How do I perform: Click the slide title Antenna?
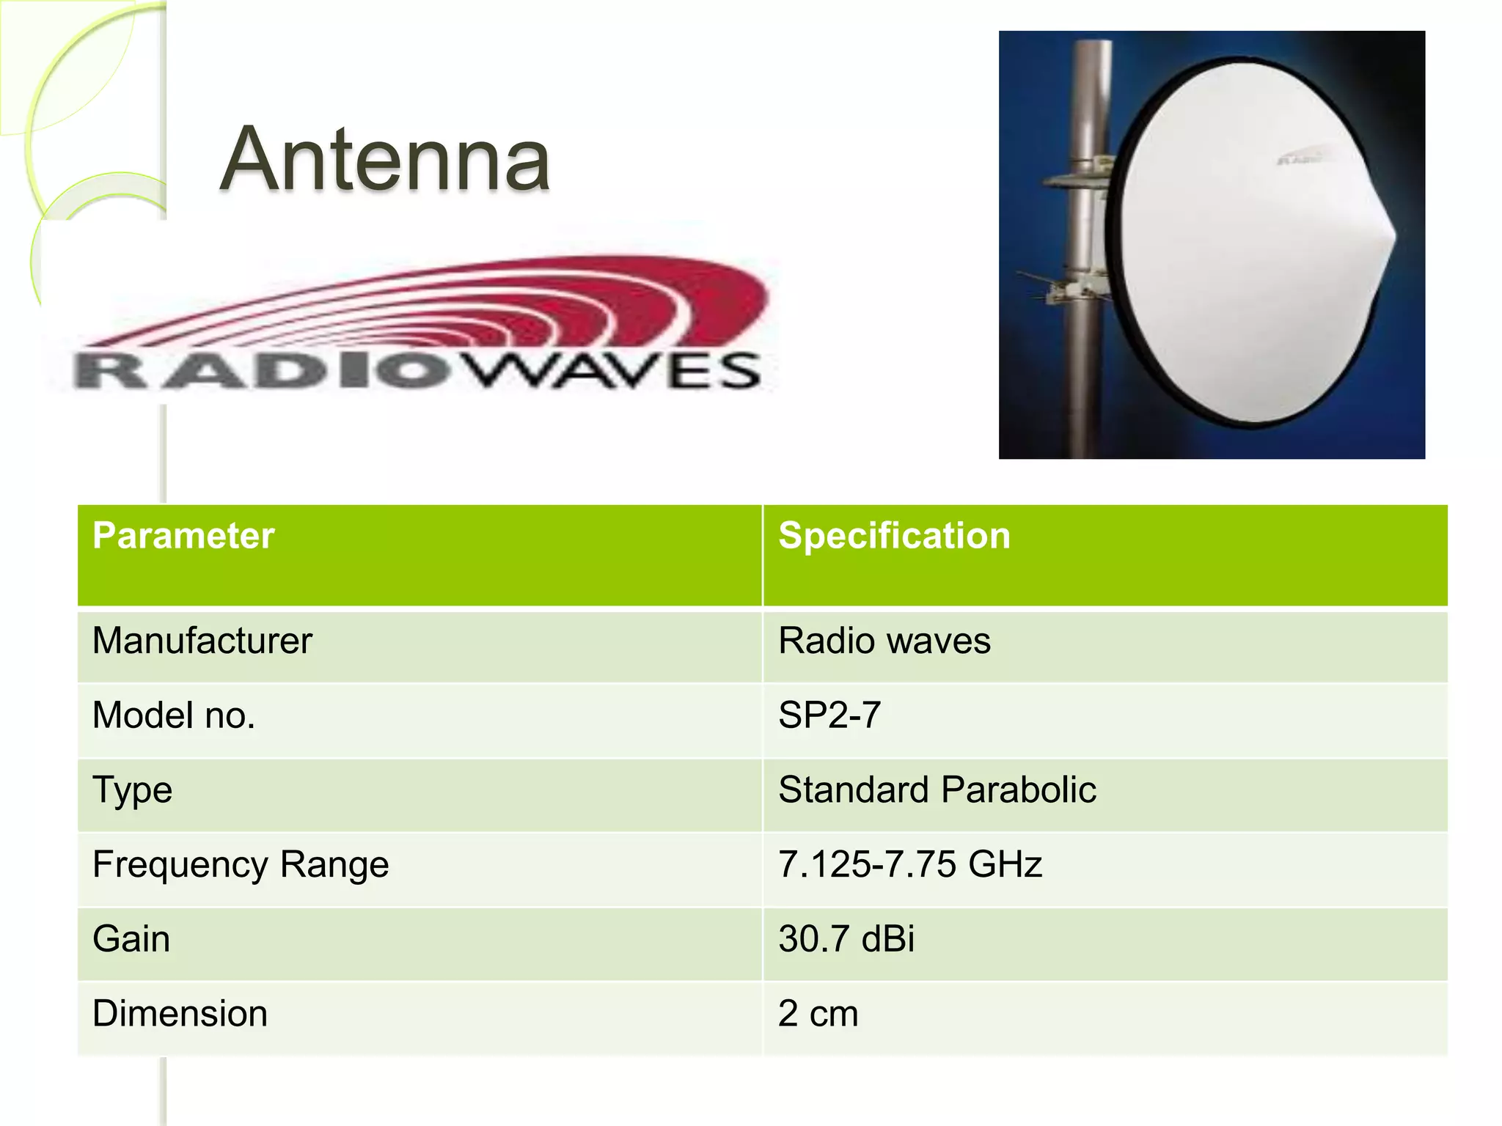tap(385, 160)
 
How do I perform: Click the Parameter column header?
tap(183, 536)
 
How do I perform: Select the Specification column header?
tap(894, 536)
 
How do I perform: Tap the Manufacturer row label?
tap(202, 641)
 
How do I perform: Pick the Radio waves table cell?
tap(884, 641)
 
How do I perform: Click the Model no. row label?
tap(174, 715)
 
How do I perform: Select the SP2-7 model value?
tap(829, 715)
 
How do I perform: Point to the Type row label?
tap(133, 790)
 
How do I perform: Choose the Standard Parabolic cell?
tap(937, 790)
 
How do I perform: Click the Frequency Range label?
tap(241, 864)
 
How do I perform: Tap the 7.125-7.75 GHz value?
tap(909, 864)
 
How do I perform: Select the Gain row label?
tap(131, 939)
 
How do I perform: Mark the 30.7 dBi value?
tap(846, 939)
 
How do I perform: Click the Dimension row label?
tap(180, 1014)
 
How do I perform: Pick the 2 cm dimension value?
tap(818, 1014)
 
